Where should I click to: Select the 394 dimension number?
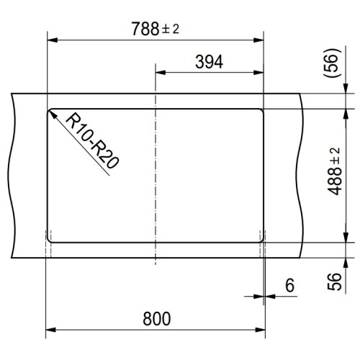coord(210,62)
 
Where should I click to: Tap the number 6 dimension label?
coord(289,286)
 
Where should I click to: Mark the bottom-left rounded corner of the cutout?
coord(52,238)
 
